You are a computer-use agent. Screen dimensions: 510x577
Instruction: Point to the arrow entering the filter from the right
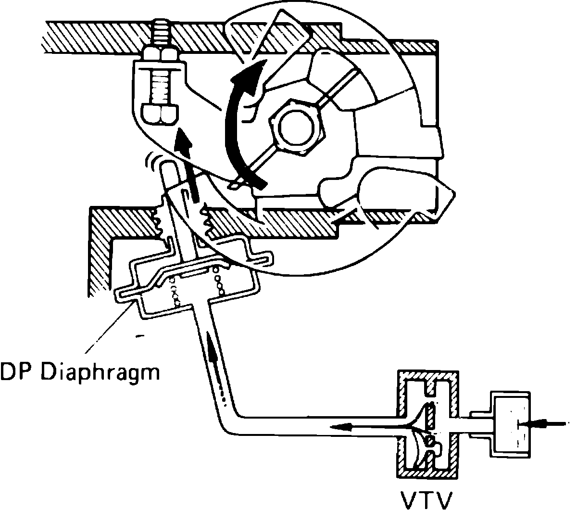pyautogui.click(x=548, y=423)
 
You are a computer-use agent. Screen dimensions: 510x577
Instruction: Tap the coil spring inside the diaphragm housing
pyautogui.click(x=220, y=284)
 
